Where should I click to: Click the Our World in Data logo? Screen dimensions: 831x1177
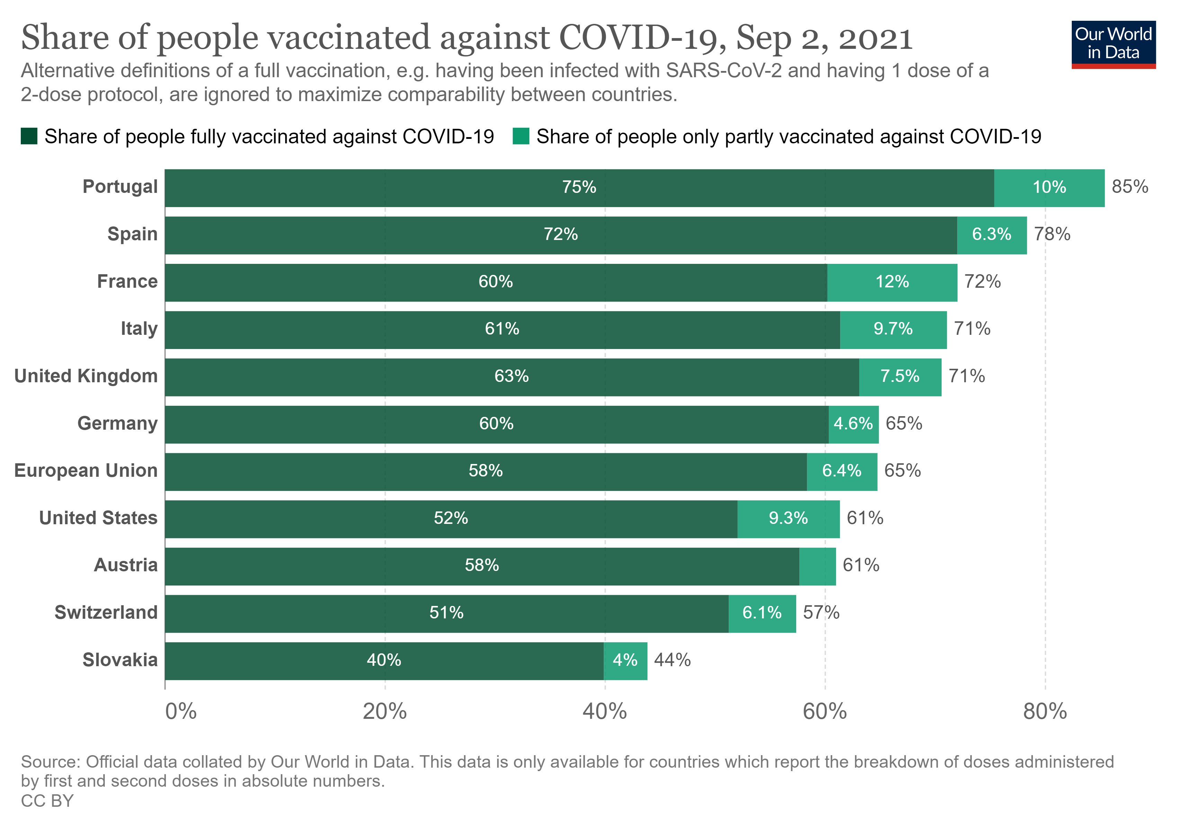pos(1113,44)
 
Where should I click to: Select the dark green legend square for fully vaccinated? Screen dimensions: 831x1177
pos(29,136)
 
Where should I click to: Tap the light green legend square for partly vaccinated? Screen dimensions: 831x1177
pos(521,136)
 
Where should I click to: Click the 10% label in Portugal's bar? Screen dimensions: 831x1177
pos(1049,187)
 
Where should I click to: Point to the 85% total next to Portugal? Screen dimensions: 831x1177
pos(1129,187)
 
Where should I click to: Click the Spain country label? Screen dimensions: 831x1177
pos(132,234)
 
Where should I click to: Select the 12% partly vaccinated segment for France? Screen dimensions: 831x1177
pos(892,282)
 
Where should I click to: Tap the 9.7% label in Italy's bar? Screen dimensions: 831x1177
pos(893,329)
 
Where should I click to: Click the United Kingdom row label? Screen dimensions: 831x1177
pos(86,376)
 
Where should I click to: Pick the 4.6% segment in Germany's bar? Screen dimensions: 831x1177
pos(853,424)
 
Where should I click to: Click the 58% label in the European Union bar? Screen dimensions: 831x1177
pos(485,471)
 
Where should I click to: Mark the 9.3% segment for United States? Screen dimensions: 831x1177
pos(788,518)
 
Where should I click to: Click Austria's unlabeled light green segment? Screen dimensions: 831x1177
pos(817,566)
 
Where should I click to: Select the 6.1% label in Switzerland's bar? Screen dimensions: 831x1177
pos(762,613)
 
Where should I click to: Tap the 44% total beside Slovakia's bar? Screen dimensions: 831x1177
pos(672,660)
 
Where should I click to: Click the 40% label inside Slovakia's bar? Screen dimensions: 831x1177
pos(384,660)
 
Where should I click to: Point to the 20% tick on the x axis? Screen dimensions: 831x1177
pos(385,712)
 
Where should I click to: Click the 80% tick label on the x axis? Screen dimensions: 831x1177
pos(1045,712)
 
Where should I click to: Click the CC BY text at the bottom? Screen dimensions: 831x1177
pos(47,801)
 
